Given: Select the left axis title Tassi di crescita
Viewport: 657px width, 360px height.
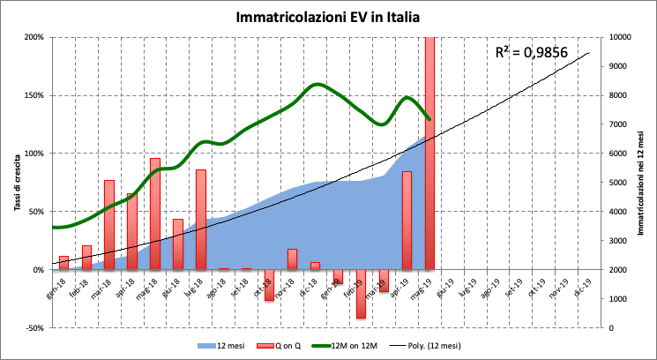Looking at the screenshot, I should [16, 181].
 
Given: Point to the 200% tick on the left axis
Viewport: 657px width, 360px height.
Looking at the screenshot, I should [33, 37].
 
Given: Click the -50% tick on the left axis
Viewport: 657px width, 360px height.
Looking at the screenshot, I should [33, 328].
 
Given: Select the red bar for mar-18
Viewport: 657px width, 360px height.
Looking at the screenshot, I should [109, 225].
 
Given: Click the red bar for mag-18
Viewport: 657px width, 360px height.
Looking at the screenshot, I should [155, 214].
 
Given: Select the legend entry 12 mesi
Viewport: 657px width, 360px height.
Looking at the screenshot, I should [225, 345].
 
